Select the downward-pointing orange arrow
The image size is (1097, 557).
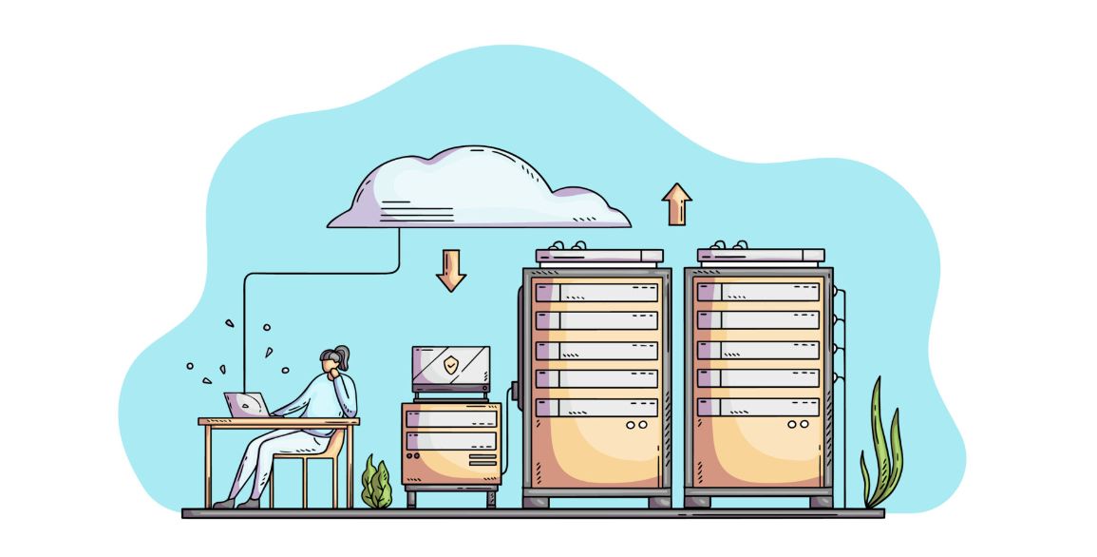point(451,270)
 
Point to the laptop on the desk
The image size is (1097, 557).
point(245,405)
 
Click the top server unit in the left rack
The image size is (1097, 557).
point(596,292)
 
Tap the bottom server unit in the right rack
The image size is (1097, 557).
point(758,407)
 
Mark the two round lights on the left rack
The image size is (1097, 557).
point(635,425)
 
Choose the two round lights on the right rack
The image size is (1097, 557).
point(797,425)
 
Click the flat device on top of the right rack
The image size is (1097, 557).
point(761,255)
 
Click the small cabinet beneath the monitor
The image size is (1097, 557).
point(450,444)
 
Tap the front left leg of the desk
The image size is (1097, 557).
point(205,466)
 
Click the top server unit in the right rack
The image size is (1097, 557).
point(758,292)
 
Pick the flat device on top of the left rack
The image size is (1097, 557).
point(599,255)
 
